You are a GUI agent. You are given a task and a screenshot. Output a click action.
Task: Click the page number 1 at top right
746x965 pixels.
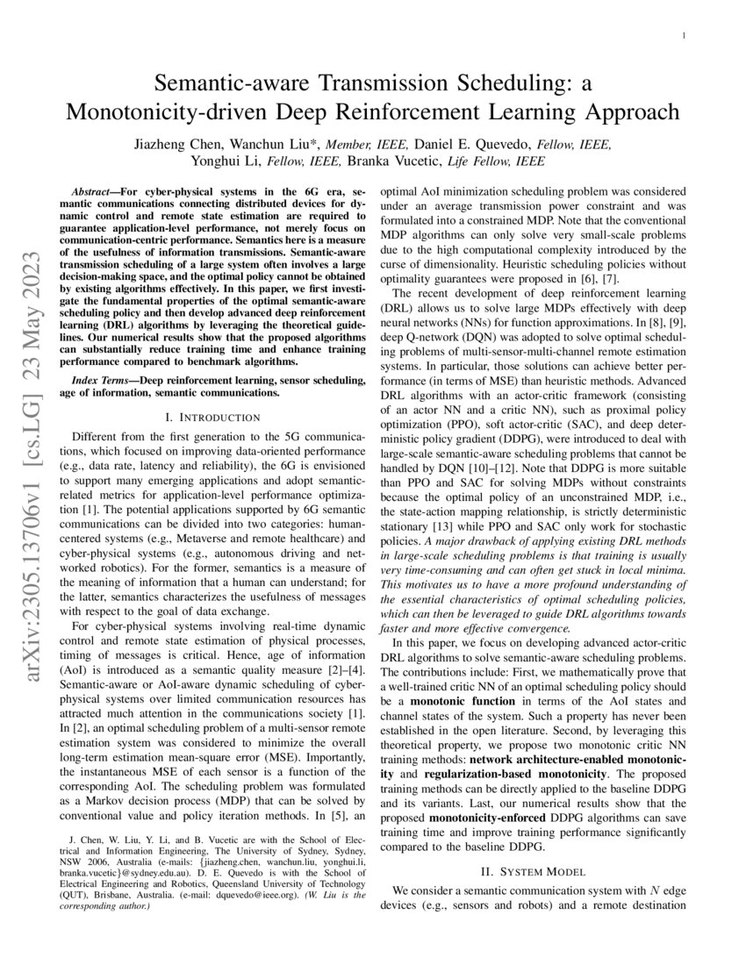[682, 35]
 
